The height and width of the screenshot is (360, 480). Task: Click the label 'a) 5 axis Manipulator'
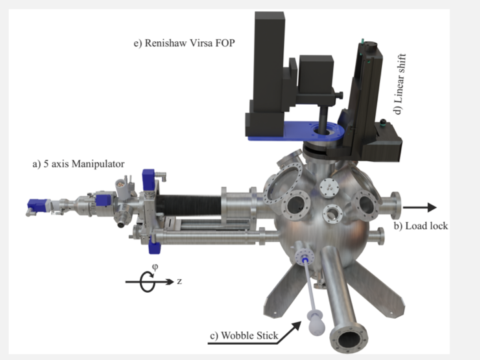[79, 164]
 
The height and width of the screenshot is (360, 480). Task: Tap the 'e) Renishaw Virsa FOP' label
[184, 43]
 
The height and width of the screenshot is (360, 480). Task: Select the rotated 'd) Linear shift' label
[400, 84]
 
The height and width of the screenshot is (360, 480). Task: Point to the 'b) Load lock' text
[421, 226]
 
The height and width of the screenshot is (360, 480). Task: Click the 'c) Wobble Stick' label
[244, 336]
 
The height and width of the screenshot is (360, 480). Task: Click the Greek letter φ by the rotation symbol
[155, 267]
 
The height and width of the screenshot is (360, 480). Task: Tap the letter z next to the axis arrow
[179, 282]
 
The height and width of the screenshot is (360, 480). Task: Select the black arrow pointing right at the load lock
[420, 207]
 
